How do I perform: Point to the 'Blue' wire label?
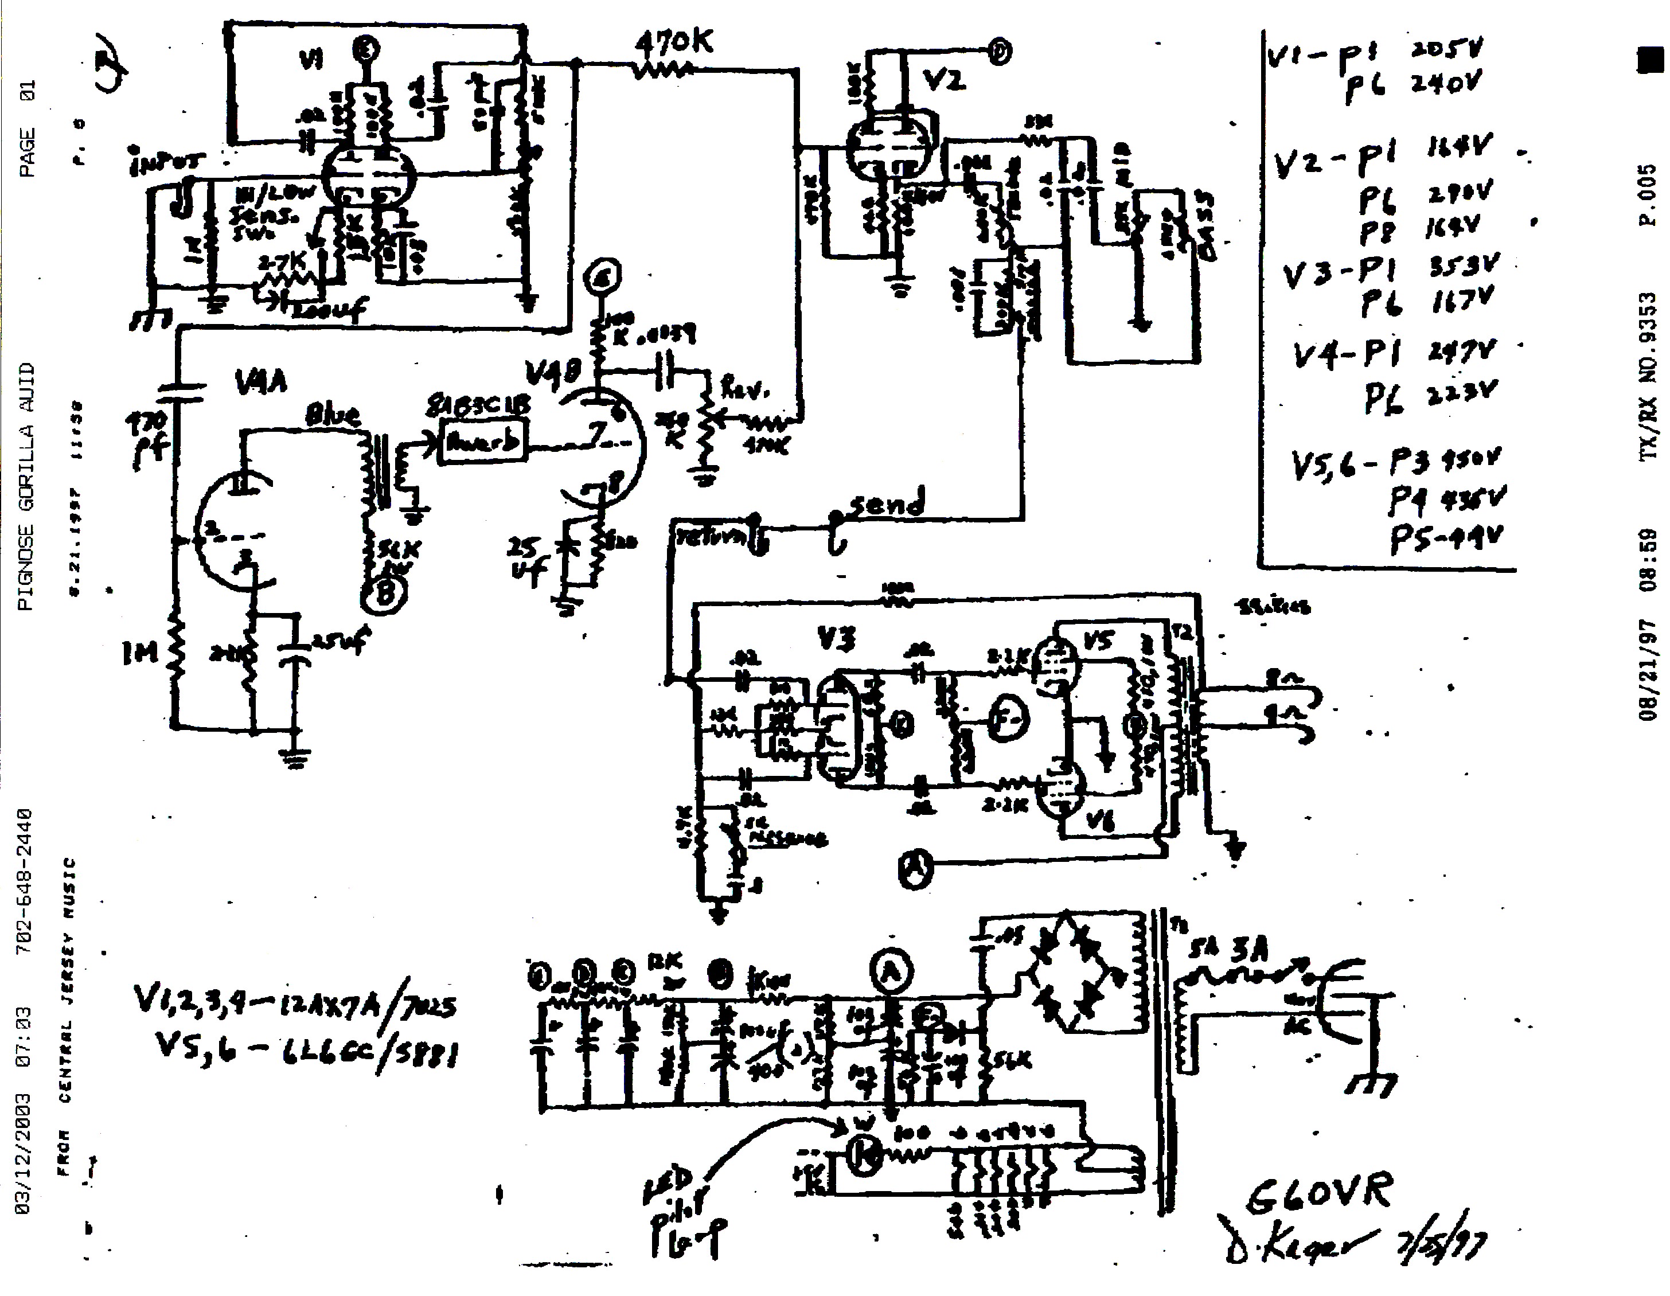point(332,415)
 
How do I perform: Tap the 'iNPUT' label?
point(167,161)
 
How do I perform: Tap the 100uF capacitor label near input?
point(330,307)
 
